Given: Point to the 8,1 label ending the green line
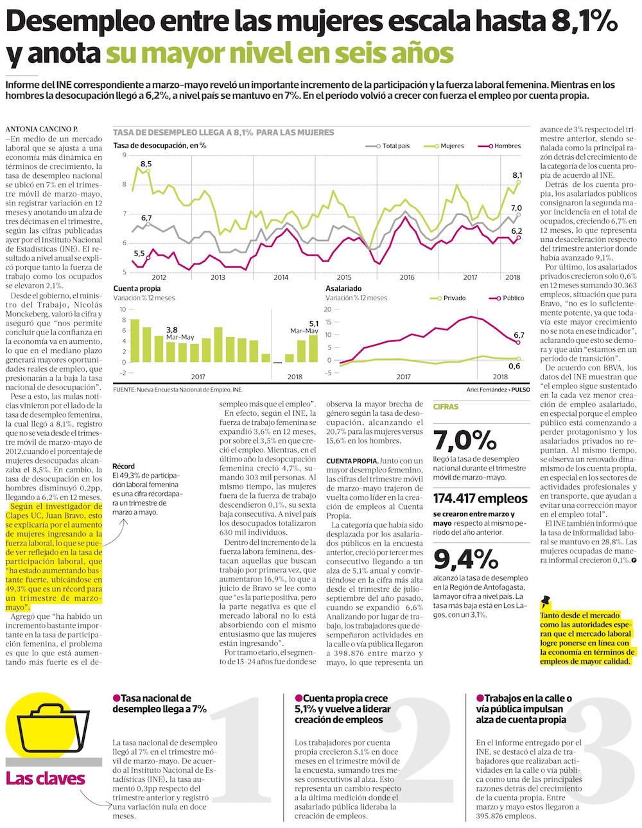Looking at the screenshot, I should [517, 175].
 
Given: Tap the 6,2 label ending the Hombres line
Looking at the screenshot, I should [517, 230].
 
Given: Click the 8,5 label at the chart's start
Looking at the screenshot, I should [146, 164].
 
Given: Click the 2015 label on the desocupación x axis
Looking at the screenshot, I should [344, 277].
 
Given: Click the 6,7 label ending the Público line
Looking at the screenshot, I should [519, 334].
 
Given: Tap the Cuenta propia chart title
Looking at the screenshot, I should [137, 289].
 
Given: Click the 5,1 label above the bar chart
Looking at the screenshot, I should [314, 323].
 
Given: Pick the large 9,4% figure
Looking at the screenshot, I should [465, 559].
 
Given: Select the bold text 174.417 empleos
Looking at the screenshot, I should [480, 498].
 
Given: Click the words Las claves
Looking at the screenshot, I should [45, 779].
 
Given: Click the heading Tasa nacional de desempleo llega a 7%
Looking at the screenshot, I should [160, 703].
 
